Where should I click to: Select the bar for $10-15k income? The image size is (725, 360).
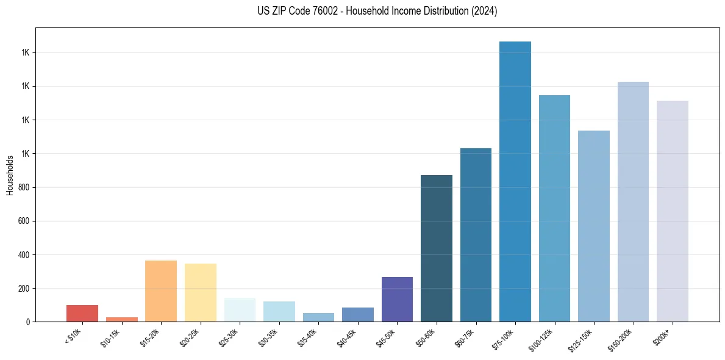click(122, 319)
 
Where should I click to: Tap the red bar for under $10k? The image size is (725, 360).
click(82, 313)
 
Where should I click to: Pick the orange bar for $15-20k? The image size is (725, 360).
click(161, 291)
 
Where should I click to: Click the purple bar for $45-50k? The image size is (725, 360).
click(397, 299)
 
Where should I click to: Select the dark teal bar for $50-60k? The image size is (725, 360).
click(437, 248)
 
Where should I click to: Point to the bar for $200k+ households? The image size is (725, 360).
click(673, 211)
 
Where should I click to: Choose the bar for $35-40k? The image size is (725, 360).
click(318, 317)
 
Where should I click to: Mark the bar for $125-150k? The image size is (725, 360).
click(594, 226)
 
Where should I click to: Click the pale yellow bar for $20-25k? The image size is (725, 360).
click(201, 292)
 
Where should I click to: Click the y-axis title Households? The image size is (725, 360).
click(10, 175)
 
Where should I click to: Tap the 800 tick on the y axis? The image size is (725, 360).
click(24, 187)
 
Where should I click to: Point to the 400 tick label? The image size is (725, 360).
click(24, 254)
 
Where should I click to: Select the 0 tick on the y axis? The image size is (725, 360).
click(28, 322)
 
